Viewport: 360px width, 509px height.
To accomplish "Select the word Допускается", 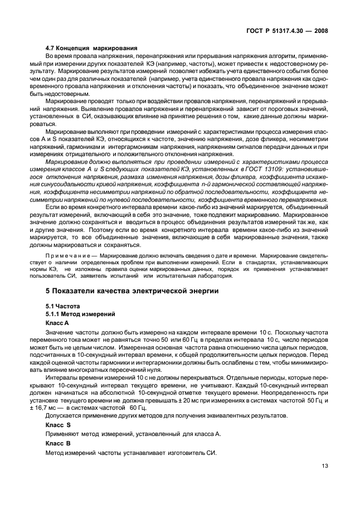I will click(x=64, y=416).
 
